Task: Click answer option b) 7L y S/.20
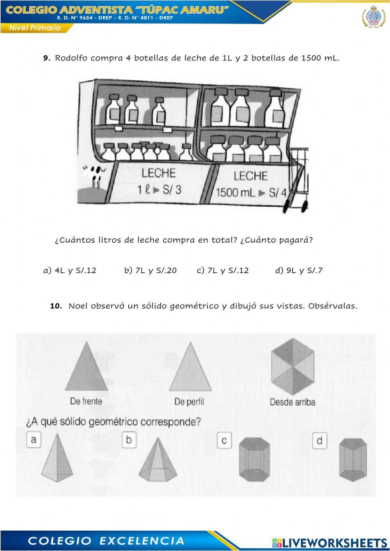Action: (150, 270)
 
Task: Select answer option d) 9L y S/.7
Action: (299, 270)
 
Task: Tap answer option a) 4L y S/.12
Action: (69, 270)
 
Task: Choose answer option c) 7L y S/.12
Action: (222, 270)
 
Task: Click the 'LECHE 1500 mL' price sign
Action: (251, 184)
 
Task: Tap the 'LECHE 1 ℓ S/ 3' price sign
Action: (159, 181)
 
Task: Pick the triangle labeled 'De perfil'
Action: (190, 368)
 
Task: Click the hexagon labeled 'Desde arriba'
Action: (292, 367)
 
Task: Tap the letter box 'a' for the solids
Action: (34, 440)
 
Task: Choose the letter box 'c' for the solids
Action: (224, 441)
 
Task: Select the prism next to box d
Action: (353, 461)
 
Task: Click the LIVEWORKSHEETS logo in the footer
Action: (330, 542)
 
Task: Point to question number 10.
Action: (56, 306)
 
